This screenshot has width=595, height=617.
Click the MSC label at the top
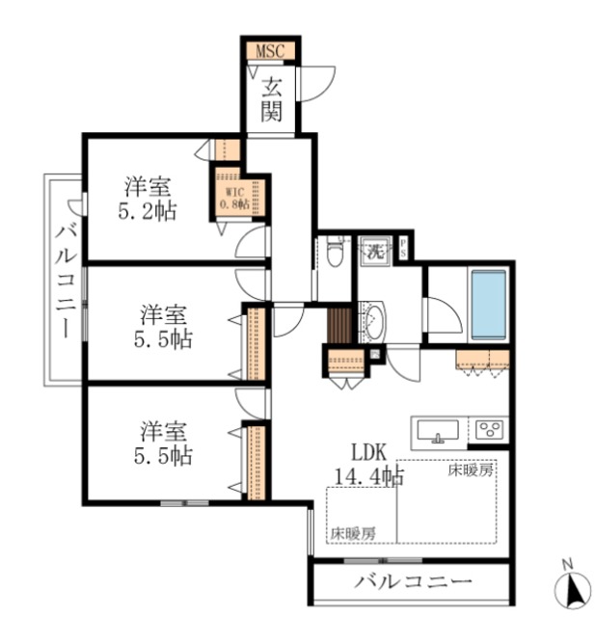tap(269, 50)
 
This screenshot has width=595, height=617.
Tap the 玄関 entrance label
tap(271, 99)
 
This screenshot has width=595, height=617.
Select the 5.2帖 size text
tap(148, 211)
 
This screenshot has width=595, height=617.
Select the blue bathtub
tap(488, 305)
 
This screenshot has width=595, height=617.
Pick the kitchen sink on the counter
tap(439, 431)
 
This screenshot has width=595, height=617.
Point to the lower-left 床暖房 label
tap(353, 532)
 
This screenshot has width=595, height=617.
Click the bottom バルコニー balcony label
tap(412, 581)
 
